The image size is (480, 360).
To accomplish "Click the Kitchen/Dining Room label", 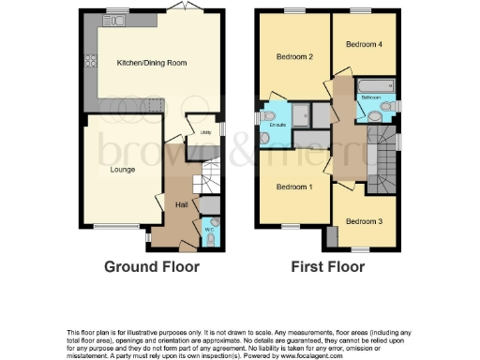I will pos(152,63).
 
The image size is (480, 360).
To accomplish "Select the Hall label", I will pos(182,202).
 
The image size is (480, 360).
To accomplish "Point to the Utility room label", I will pos(205,132).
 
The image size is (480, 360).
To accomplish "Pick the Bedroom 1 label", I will pos(293,186).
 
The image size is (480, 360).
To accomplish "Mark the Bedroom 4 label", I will pos(363,44).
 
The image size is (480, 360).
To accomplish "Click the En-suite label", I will pos(277,125).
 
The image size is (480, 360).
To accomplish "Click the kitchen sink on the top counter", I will pos(117,21).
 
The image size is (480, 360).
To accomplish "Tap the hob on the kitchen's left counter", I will pos(90,63).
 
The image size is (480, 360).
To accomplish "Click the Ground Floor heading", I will pos(152,266).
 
